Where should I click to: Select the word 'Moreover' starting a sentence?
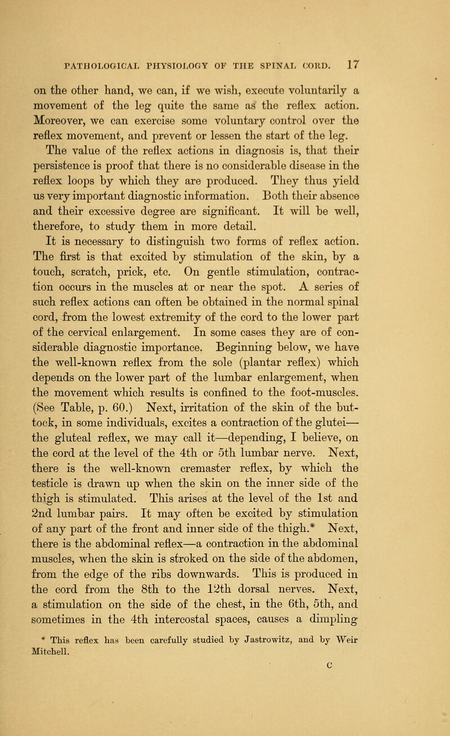(x=71, y=119)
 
